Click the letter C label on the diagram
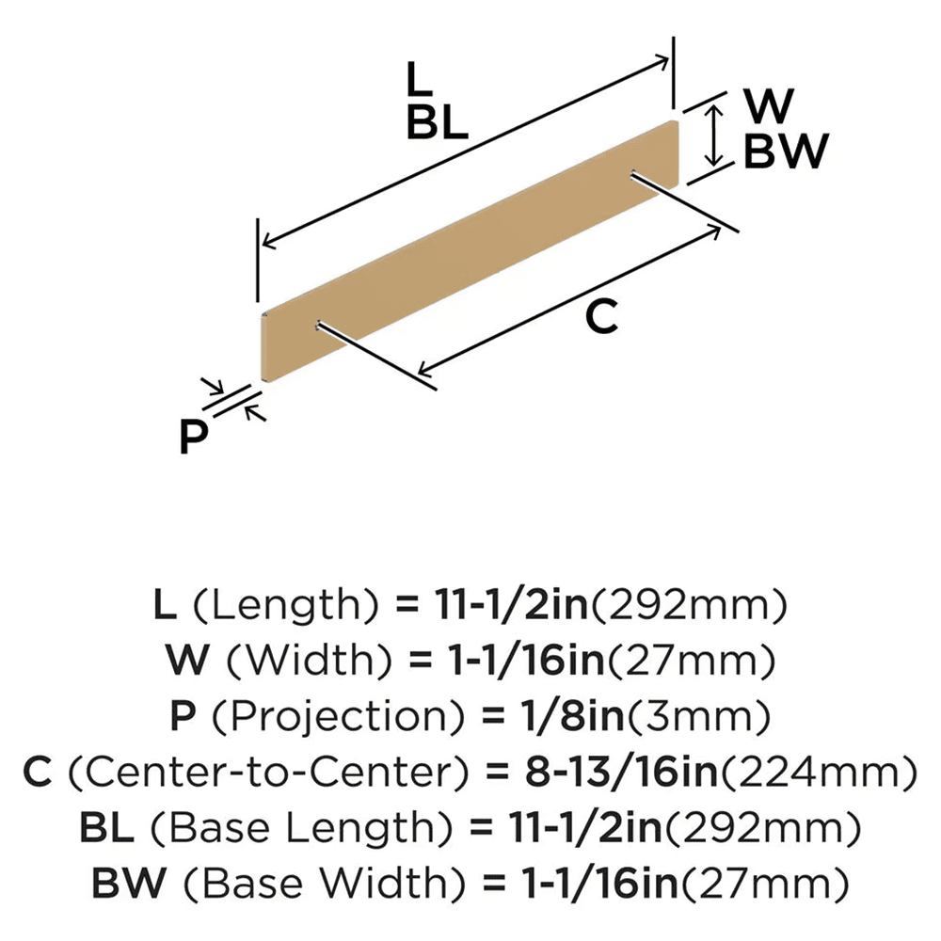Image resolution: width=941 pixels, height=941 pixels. (x=601, y=317)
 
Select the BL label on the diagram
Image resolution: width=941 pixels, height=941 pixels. (x=437, y=122)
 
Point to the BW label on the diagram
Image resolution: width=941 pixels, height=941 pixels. (x=786, y=152)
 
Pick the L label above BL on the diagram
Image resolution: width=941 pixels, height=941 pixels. (x=419, y=79)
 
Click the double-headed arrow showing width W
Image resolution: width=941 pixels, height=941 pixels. (x=713, y=135)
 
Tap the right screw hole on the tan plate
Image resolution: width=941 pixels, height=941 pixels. (x=633, y=174)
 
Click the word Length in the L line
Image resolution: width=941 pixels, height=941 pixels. (x=286, y=605)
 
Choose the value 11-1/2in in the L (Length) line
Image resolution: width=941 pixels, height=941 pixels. (x=511, y=604)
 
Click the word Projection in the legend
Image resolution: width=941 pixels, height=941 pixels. (x=338, y=716)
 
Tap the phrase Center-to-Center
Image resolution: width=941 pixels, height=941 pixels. (x=268, y=772)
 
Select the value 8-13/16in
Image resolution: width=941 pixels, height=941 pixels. (x=621, y=772)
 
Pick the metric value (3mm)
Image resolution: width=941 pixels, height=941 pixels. (x=698, y=716)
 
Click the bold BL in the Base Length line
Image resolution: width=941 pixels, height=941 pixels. (x=106, y=827)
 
